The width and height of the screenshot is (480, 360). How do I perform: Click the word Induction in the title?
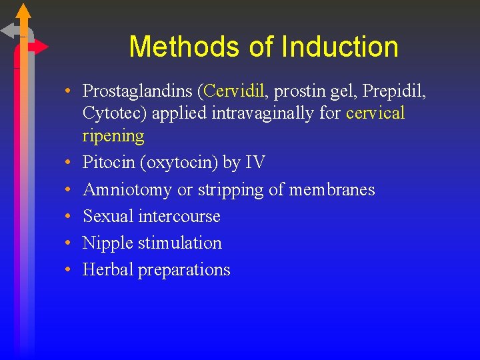click(340, 47)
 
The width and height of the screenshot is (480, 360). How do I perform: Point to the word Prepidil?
click(395, 91)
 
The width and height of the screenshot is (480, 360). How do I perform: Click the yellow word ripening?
click(113, 136)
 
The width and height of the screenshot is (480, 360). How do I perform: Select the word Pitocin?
click(107, 163)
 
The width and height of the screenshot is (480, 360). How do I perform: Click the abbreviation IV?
click(254, 163)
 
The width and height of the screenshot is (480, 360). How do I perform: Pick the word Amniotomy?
click(127, 190)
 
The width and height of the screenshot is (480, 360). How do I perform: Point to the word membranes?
click(332, 190)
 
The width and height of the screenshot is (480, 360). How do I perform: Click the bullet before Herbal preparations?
click(69, 270)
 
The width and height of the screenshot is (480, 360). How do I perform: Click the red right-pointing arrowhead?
click(41, 47)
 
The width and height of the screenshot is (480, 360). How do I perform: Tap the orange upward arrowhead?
click(23, 11)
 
